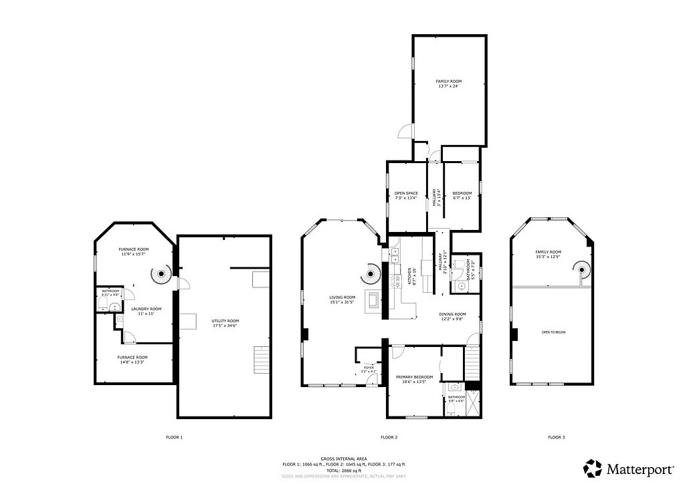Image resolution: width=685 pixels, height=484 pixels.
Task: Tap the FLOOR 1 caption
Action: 174,437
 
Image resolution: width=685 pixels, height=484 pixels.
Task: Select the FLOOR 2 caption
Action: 389,437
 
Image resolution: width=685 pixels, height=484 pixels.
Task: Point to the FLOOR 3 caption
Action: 557,437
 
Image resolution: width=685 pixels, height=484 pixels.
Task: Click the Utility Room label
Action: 225,323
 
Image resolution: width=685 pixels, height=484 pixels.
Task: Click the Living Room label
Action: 342,300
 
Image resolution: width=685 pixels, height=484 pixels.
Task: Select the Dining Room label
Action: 452,316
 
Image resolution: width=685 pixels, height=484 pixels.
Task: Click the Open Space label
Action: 406,195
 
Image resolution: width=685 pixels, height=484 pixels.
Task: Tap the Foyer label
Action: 369,369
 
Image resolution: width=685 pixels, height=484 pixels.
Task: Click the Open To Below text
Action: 553,332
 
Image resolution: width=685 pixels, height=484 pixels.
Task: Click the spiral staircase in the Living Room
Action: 371,272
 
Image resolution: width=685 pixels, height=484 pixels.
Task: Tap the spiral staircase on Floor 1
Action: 161,274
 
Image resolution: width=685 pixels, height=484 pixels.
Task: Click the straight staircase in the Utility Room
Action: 261,360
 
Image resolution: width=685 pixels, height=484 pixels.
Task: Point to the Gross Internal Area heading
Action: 343,459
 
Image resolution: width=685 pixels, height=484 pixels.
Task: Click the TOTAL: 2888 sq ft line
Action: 343,470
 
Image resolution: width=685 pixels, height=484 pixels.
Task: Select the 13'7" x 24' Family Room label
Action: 448,83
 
